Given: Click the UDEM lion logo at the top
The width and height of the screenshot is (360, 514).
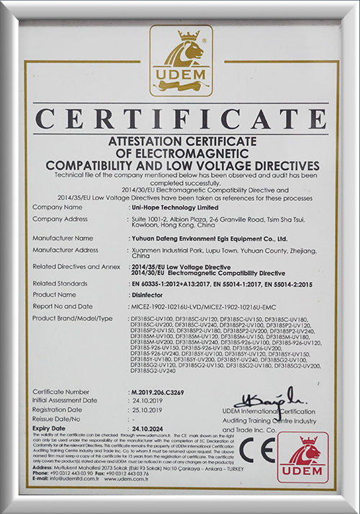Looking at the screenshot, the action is [181, 60].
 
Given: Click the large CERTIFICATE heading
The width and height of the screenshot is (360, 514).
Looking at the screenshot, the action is [180, 118].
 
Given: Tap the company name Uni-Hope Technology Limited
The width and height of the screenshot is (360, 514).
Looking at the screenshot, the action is [168, 207].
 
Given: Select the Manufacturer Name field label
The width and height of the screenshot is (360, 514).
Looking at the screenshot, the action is [63, 238].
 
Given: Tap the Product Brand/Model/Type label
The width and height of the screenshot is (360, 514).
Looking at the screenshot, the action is [73, 317].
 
